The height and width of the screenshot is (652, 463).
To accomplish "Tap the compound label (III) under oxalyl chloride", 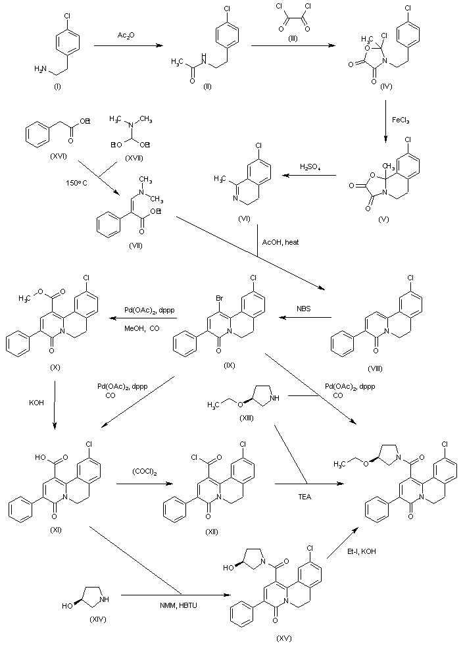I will click(293, 39).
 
